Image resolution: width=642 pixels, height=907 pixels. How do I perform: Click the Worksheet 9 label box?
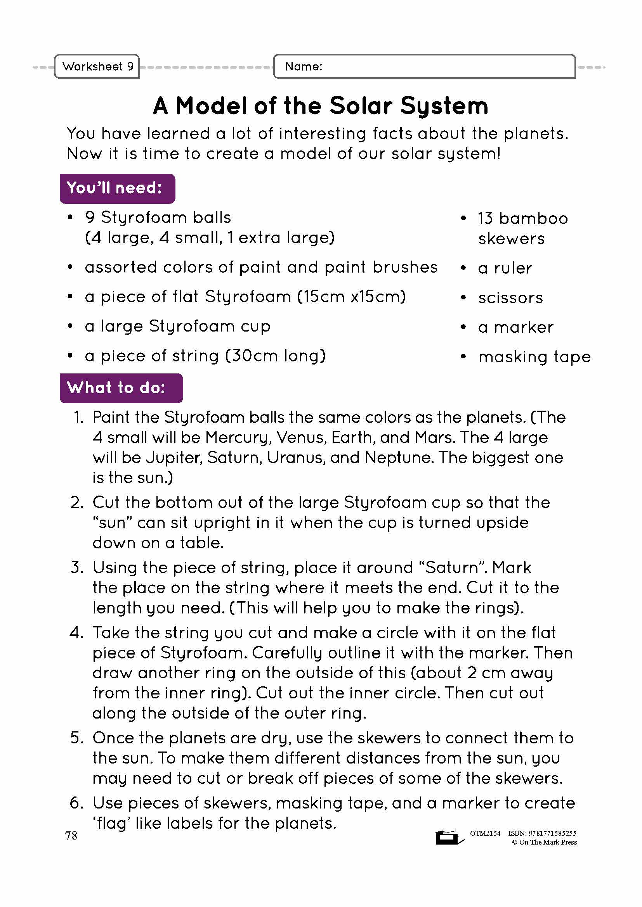(x=97, y=66)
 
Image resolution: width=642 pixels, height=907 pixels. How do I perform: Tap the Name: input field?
(x=424, y=66)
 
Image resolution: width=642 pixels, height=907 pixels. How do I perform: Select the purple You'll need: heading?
(x=117, y=188)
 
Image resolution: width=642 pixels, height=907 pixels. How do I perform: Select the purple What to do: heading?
(x=121, y=388)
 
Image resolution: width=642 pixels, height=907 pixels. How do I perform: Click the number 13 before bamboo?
(x=485, y=218)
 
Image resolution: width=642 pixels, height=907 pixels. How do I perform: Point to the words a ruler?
(x=505, y=268)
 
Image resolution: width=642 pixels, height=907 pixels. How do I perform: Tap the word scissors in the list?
(x=510, y=298)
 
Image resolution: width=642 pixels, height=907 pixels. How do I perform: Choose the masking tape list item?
(x=534, y=357)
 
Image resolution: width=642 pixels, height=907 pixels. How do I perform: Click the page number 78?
(x=71, y=836)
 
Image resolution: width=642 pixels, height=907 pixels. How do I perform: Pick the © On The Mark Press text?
(x=544, y=842)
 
